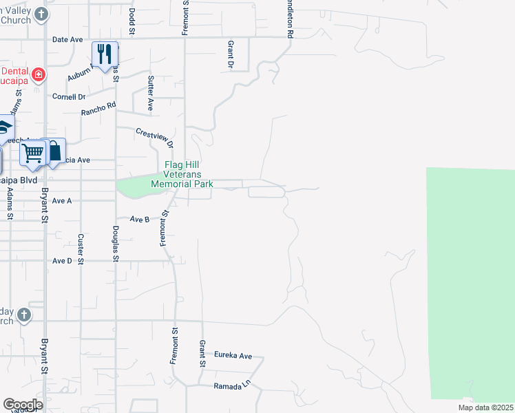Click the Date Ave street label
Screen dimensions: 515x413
pos(67,40)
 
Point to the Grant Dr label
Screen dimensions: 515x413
pos(230,54)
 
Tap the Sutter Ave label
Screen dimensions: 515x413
pos(150,93)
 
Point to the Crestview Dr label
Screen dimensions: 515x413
pos(154,139)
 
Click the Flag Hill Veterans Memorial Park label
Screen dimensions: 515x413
pos(182,175)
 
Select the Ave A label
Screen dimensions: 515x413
pos(62,200)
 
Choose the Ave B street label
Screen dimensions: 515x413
pos(140,220)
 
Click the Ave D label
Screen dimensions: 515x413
pos(62,261)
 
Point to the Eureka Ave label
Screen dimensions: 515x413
pos(233,355)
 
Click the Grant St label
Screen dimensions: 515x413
pos(202,353)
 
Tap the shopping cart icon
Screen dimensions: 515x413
pos(32,154)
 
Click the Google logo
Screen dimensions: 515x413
pos(22,404)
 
